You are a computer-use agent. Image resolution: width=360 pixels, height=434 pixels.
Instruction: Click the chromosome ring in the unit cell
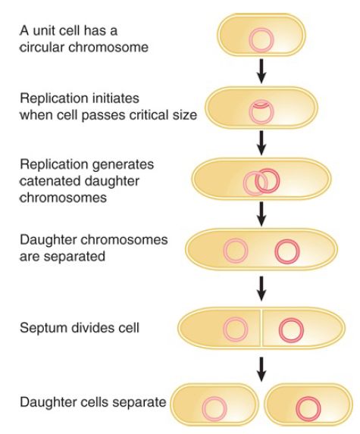(251, 40)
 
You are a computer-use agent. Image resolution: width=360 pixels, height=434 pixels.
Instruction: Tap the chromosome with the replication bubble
(251, 112)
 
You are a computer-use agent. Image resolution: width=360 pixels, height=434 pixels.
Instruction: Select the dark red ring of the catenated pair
(278, 180)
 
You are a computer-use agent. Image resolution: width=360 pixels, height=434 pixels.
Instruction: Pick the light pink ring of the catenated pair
(245, 183)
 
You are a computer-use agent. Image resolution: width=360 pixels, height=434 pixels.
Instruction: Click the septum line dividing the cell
(261, 328)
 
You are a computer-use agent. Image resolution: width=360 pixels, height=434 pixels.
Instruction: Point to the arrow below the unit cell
(261, 70)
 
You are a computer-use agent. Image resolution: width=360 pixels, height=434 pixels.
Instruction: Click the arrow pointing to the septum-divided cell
(261, 289)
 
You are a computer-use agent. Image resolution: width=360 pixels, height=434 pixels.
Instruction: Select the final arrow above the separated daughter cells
(261, 369)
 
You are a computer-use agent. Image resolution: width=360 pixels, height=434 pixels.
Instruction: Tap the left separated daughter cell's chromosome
(204, 409)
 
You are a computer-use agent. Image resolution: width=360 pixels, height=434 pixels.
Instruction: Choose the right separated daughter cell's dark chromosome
(298, 409)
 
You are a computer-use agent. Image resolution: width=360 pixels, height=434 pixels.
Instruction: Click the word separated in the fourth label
(74, 256)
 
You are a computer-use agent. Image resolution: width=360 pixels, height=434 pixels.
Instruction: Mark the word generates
(123, 165)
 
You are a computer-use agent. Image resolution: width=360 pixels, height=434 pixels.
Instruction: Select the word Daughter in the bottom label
(46, 402)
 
